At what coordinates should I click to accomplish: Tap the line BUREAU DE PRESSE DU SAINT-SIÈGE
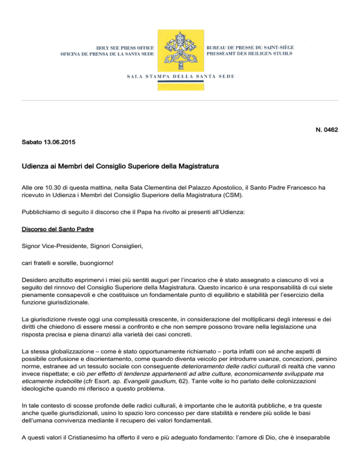tap(256, 48)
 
